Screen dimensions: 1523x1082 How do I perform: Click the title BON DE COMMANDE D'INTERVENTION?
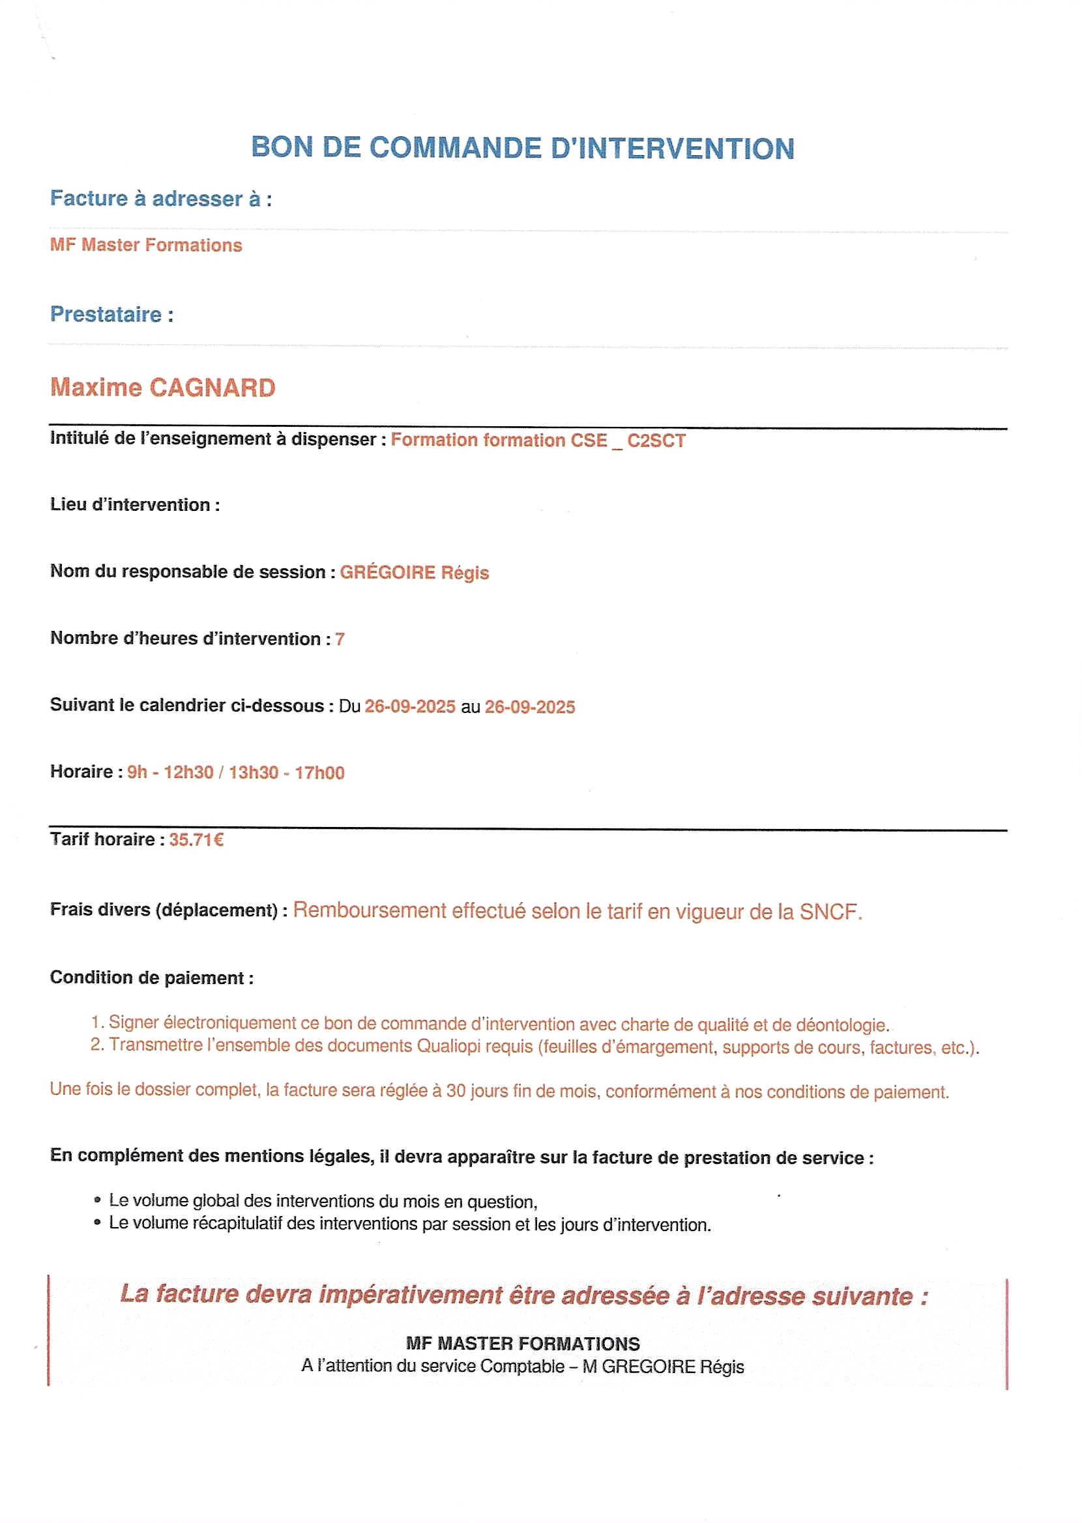coord(522,148)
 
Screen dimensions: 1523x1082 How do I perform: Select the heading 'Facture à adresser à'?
coord(160,199)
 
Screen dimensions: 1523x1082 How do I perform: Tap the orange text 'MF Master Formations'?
coord(146,245)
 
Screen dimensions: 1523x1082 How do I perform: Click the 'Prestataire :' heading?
coord(111,314)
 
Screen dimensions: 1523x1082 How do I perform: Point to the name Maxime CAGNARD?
coord(162,388)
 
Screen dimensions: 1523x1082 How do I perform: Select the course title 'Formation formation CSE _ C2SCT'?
coord(538,440)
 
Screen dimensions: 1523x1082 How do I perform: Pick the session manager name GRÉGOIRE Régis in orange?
coord(414,572)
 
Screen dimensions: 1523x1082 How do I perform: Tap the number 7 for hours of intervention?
coord(340,639)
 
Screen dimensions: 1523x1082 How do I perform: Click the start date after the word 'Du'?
coord(410,706)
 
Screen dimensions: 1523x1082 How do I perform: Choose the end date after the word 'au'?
coord(530,706)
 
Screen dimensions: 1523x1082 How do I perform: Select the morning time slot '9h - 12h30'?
coord(170,772)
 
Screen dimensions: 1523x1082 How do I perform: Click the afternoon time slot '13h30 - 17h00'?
coord(287,772)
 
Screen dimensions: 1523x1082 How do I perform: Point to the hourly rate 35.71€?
coord(196,840)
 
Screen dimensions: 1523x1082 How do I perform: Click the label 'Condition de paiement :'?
coord(151,978)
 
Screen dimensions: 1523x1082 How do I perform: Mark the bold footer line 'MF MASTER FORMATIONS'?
coord(522,1343)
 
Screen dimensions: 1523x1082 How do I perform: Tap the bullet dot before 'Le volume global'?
coord(97,1200)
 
